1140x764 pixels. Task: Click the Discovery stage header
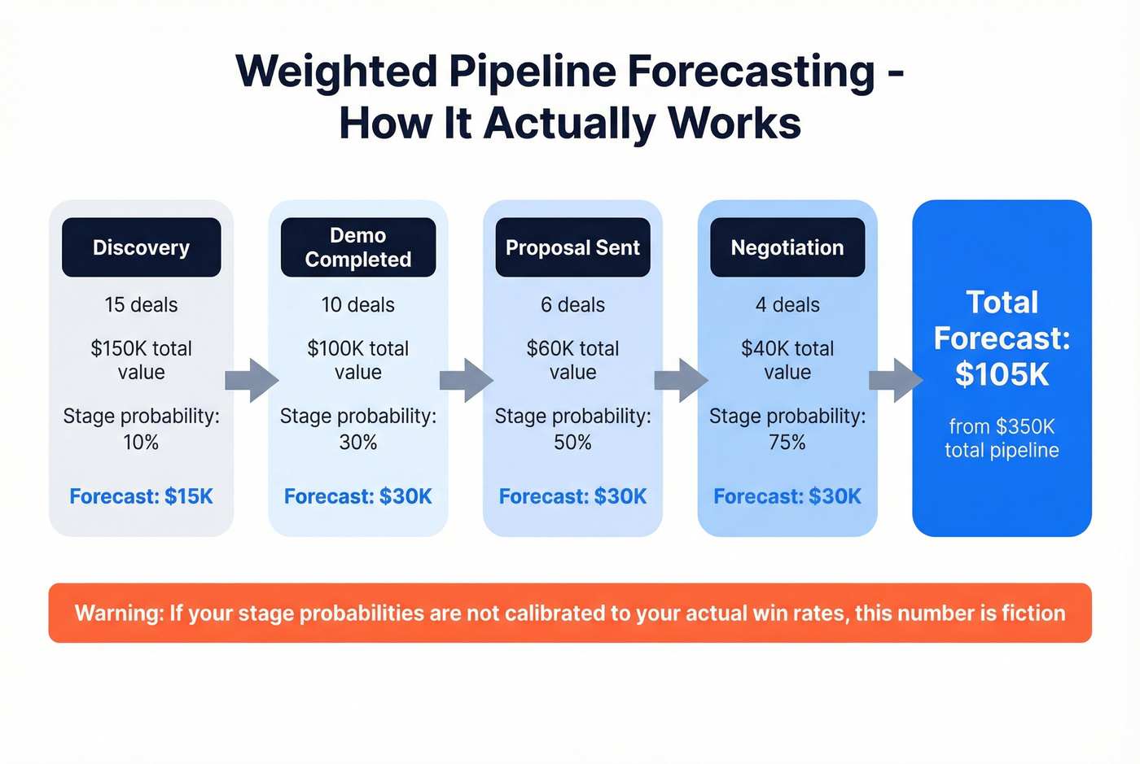click(x=141, y=247)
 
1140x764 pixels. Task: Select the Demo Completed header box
click(x=357, y=247)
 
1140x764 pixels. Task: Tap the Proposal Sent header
click(x=572, y=247)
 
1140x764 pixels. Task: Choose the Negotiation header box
click(x=787, y=247)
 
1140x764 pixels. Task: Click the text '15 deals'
click(x=141, y=305)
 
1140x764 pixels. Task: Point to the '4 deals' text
click(x=787, y=305)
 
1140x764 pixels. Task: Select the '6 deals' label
click(x=572, y=305)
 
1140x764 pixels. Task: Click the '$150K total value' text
click(x=141, y=360)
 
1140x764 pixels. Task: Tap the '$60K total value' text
click(x=572, y=360)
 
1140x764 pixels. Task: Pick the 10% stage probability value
click(x=141, y=443)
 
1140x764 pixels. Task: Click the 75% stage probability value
click(x=787, y=443)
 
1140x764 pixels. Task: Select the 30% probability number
click(x=357, y=443)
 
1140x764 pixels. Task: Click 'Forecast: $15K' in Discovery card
click(x=141, y=496)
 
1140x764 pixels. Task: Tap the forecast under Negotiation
click(x=787, y=496)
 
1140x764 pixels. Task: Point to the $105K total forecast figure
click(x=1002, y=374)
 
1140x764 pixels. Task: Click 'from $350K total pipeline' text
click(x=1002, y=439)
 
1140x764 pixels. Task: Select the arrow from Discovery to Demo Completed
click(x=252, y=380)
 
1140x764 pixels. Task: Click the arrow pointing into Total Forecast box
click(x=896, y=380)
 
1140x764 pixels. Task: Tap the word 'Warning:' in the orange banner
click(x=119, y=613)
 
